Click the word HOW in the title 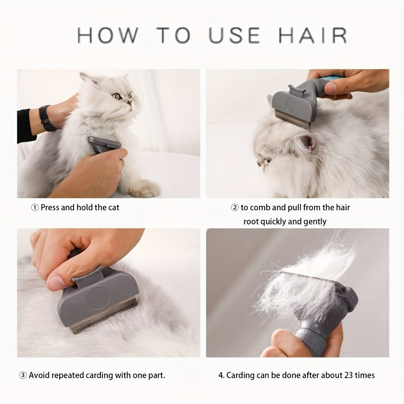click(107, 36)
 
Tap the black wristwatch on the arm click(48, 118)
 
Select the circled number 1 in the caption click(35, 207)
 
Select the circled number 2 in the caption click(234, 207)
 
